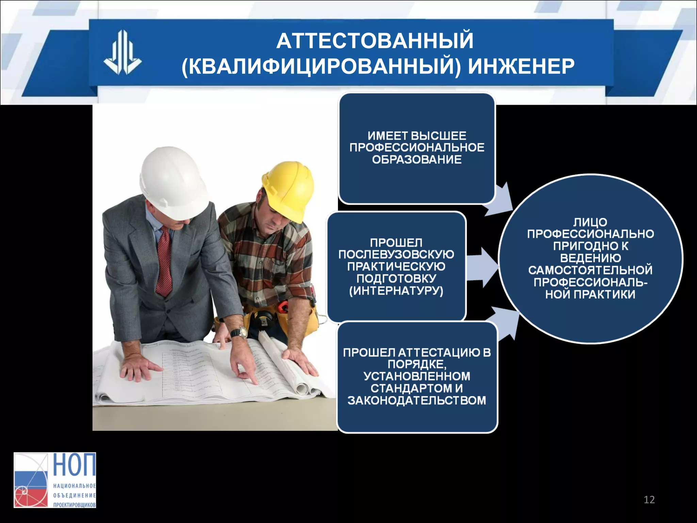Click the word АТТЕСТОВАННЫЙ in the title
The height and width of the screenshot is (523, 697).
point(375,41)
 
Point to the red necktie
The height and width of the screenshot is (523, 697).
point(164,260)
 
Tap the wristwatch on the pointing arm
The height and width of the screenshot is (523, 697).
point(240,332)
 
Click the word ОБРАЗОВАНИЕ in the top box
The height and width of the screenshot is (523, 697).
point(417,159)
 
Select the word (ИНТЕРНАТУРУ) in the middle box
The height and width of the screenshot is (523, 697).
point(396,291)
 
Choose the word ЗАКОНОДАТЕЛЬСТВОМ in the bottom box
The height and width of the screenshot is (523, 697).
point(417,400)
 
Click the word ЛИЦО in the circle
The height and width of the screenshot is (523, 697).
point(590,222)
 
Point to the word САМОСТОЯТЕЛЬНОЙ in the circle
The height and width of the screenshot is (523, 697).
point(590,270)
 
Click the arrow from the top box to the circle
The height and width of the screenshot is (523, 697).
point(500,201)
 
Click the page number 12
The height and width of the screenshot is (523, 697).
point(649,500)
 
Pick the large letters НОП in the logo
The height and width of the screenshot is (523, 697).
point(74,465)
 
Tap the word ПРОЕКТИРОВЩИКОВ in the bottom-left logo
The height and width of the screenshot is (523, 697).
point(74,505)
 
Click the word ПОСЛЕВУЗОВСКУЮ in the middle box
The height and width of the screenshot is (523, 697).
point(396,255)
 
